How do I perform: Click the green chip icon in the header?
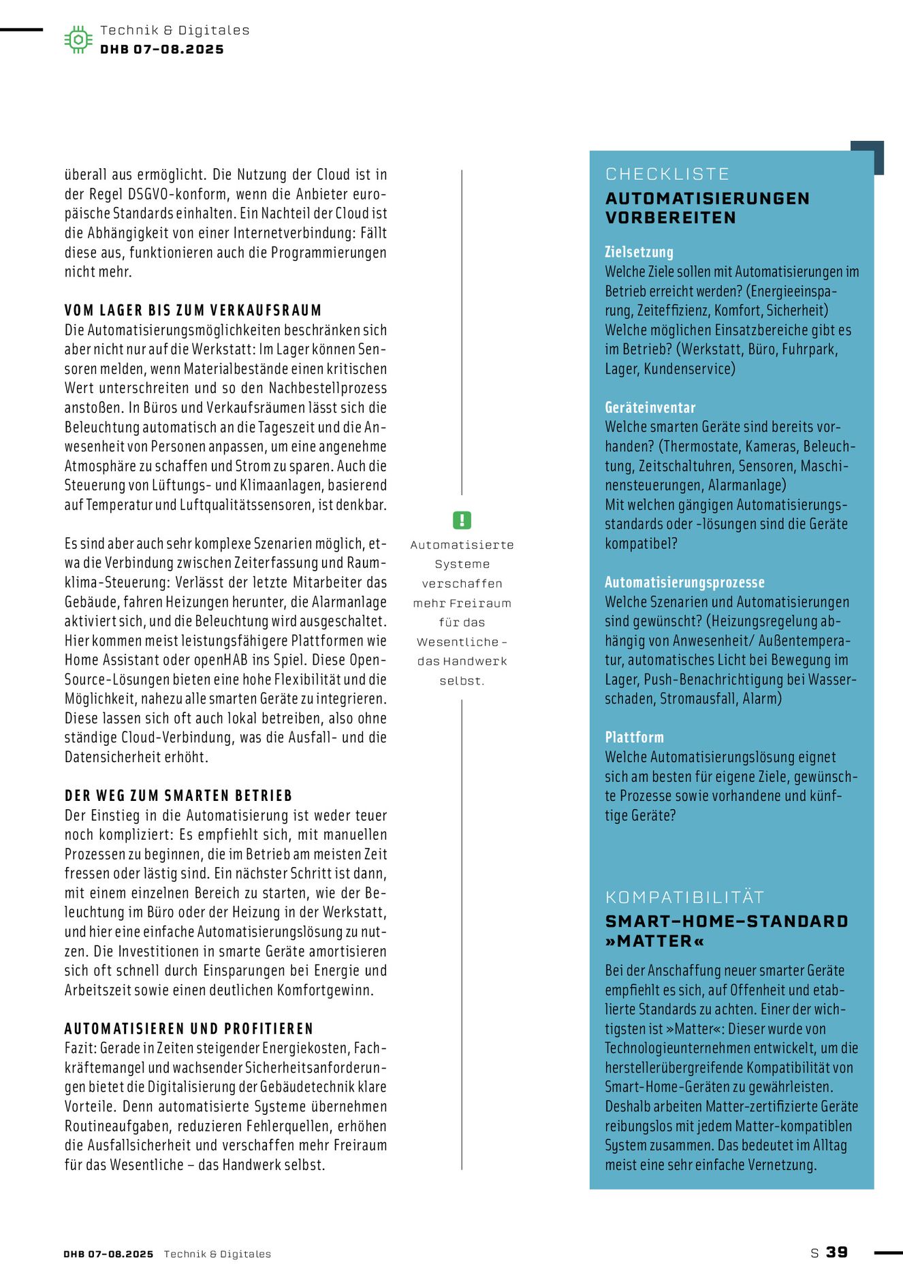tap(78, 40)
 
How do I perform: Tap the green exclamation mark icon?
tap(462, 520)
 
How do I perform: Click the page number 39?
tap(837, 1252)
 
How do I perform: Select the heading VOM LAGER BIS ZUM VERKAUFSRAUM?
tap(193, 311)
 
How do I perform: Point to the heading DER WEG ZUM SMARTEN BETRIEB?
tap(178, 795)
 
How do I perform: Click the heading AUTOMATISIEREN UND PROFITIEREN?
tap(189, 1028)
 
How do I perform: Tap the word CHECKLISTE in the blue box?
tap(667, 174)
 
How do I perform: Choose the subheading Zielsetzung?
tap(639, 252)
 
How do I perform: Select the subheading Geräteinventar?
tap(650, 407)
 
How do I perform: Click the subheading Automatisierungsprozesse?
tap(684, 582)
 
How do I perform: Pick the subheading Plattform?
tap(634, 737)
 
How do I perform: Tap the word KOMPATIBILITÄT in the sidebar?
tap(684, 897)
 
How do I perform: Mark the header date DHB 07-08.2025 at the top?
tap(161, 49)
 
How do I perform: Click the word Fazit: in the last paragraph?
tap(80, 1048)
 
